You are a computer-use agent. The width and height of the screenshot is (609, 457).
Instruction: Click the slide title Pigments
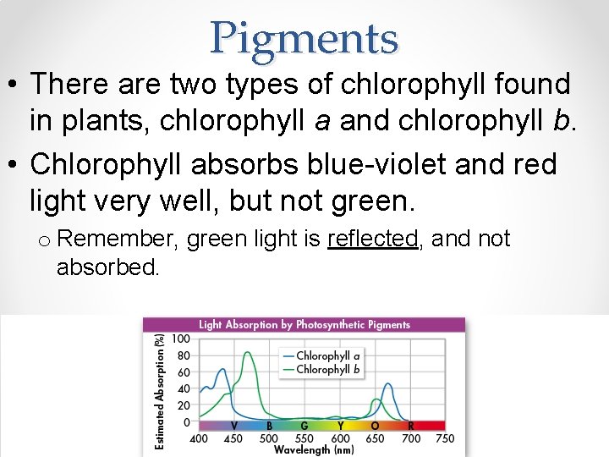click(304, 38)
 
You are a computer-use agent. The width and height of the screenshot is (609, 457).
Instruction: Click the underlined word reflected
click(372, 240)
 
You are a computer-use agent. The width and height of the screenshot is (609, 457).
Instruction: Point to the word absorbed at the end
click(107, 268)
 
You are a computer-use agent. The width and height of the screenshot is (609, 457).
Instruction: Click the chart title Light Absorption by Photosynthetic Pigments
click(304, 324)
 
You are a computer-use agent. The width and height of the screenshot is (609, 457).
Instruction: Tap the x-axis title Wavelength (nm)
click(313, 449)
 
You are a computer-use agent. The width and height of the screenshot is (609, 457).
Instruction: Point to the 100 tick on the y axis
click(181, 339)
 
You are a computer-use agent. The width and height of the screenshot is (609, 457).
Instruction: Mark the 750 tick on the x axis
click(445, 438)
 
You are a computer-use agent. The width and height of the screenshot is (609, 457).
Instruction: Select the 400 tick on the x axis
click(198, 438)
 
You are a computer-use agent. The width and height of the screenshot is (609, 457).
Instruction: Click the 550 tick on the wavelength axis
click(304, 438)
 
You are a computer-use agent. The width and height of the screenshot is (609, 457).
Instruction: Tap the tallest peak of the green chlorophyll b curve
click(248, 353)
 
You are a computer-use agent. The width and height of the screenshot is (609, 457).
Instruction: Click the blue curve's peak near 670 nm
click(388, 384)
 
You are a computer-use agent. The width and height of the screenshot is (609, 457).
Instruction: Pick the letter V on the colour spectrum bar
click(233, 426)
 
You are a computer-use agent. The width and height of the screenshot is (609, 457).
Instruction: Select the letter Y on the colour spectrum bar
click(340, 426)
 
